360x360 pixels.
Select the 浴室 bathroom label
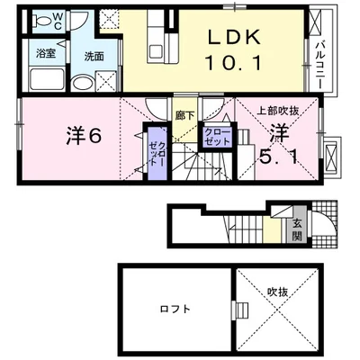click(x=45, y=54)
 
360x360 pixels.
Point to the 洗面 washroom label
click(x=94, y=55)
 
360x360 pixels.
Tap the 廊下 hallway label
click(x=185, y=116)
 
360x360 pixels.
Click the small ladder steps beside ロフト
click(x=240, y=311)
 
